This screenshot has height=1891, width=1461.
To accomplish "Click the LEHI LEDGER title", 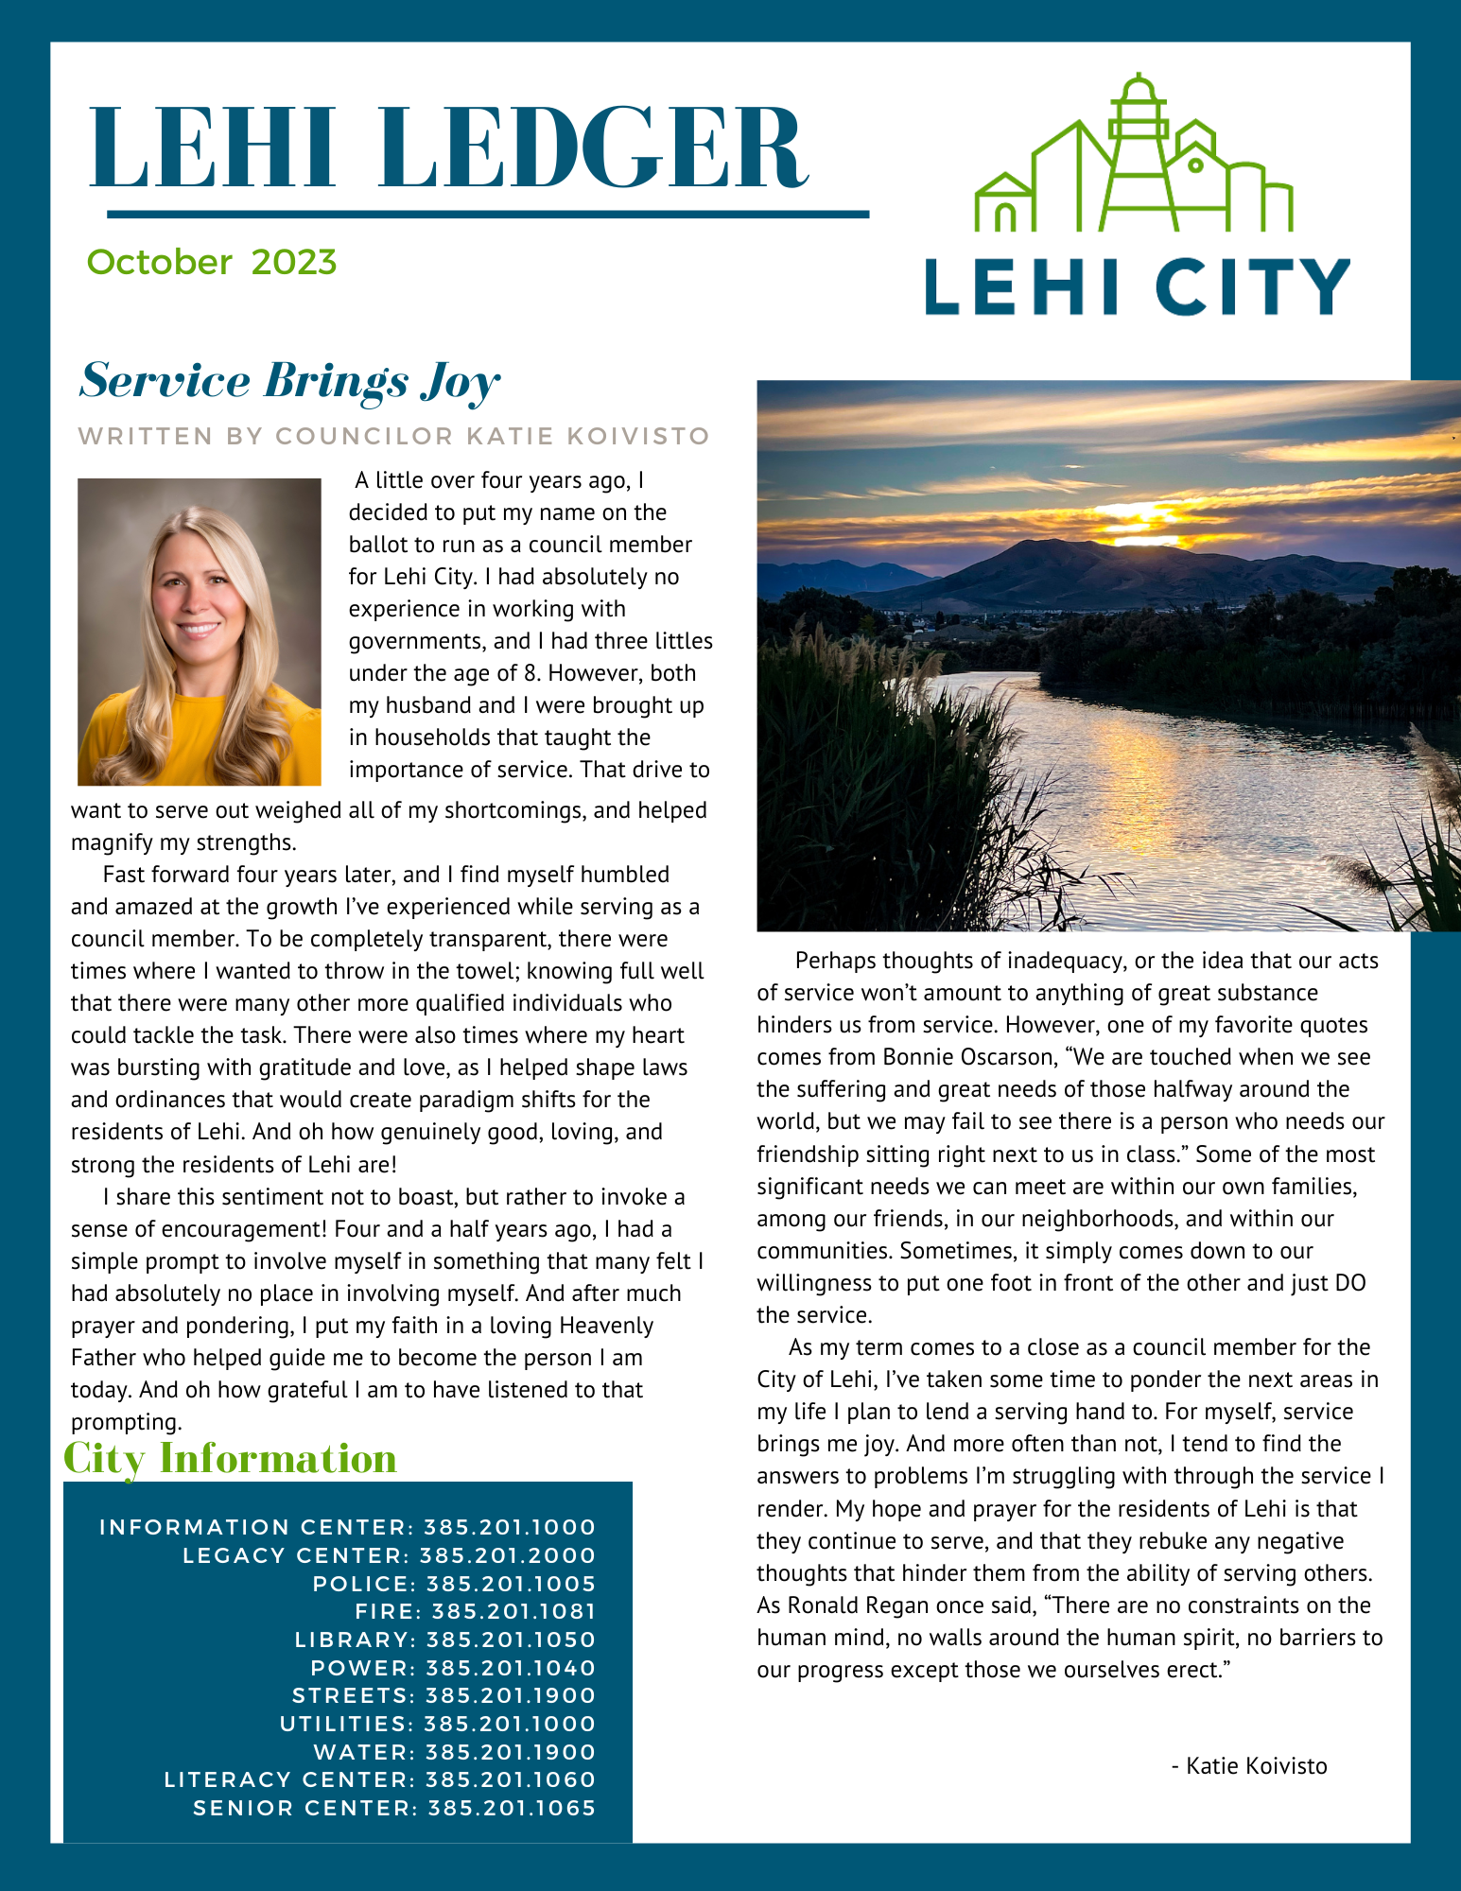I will [x=448, y=148].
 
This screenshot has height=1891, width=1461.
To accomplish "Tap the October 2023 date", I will [x=212, y=262].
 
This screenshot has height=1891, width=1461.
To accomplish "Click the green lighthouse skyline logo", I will [x=1133, y=156].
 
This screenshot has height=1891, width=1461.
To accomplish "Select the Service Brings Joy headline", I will [x=289, y=381].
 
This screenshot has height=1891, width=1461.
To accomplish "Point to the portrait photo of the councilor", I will [x=200, y=632].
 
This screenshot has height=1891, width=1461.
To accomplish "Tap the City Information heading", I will [x=230, y=1458].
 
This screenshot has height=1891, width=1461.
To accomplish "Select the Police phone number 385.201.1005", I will [x=511, y=1584].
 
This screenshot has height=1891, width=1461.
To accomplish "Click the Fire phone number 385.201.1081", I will [x=513, y=1611].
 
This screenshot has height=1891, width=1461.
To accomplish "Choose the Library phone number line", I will [x=444, y=1639].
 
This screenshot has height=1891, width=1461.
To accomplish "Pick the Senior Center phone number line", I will [x=394, y=1808].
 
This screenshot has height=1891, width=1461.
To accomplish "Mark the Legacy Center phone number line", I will [x=390, y=1555].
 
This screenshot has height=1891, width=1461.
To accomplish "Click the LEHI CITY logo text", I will [x=1137, y=286].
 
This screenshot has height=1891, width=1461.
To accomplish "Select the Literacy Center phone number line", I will [x=380, y=1779].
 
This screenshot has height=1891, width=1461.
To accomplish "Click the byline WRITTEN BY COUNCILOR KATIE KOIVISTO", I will [x=393, y=436].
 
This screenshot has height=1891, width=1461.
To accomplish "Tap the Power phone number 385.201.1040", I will [x=511, y=1668].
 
